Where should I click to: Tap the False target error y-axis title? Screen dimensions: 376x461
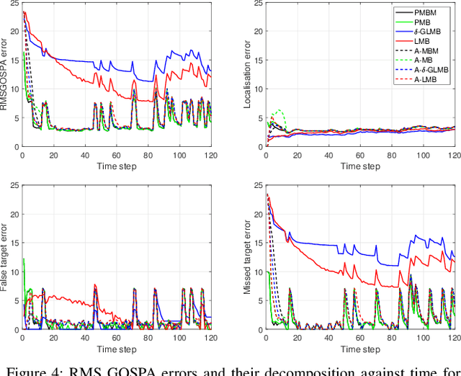click(5, 257)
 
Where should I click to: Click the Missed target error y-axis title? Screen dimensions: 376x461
click(249, 257)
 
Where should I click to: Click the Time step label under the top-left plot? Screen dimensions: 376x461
click(117, 166)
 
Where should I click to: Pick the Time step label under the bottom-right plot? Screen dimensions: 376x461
click(360, 349)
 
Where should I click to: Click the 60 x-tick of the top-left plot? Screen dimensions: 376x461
click(117, 156)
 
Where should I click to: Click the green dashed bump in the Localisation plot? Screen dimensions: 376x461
click(277, 113)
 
